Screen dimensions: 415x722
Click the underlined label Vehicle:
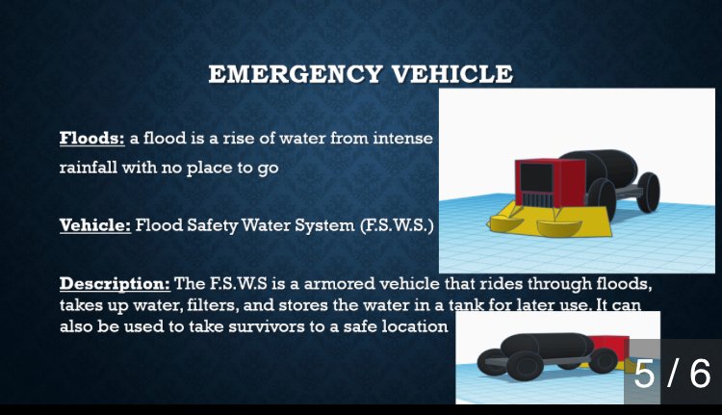click(94, 226)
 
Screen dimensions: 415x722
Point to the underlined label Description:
click(114, 284)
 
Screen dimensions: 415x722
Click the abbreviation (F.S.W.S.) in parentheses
click(397, 226)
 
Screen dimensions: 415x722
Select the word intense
click(407, 139)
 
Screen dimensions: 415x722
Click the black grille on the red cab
click(536, 180)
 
